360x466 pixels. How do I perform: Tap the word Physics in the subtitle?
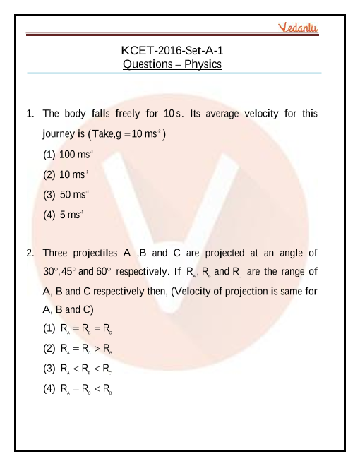[x=201, y=64]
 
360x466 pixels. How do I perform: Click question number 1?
[x=30, y=113]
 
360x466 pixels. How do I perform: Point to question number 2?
[x=30, y=252]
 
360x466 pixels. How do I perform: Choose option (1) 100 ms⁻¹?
[x=68, y=153]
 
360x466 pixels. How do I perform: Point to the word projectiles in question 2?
[x=95, y=252]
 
